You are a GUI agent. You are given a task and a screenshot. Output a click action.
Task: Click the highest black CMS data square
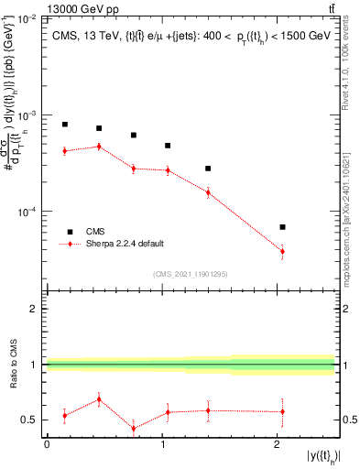pos(65,125)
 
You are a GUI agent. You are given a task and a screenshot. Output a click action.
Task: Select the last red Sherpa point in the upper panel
pos(282,251)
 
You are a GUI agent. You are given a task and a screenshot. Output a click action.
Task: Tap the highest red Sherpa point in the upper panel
pos(99,147)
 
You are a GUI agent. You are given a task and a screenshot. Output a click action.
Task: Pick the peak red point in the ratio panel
pos(99,399)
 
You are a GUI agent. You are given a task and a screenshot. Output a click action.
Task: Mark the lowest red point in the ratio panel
pos(134,429)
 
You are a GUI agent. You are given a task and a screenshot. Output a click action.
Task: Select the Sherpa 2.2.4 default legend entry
pos(125,244)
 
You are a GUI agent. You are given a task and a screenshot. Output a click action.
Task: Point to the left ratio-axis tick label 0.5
pos(30,420)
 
